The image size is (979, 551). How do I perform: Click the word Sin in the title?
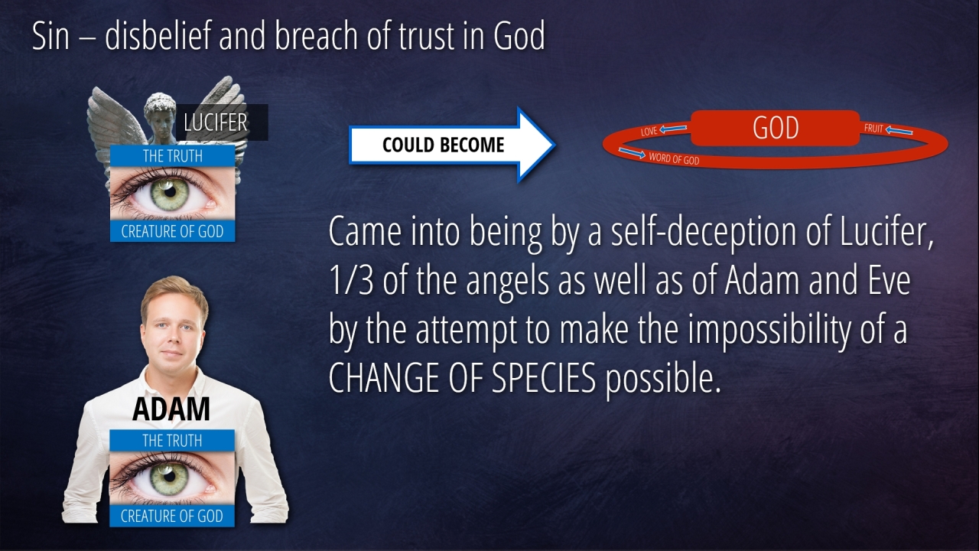click(x=50, y=36)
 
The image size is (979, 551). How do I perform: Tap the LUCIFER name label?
click(x=222, y=122)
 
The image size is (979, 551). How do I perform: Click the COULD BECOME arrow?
click(x=452, y=145)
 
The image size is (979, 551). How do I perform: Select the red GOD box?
click(x=776, y=128)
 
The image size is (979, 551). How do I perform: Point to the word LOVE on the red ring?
click(x=649, y=131)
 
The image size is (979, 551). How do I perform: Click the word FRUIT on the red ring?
click(x=873, y=128)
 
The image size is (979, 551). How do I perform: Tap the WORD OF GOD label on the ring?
click(x=674, y=158)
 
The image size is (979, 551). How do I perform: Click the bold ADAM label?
click(x=171, y=409)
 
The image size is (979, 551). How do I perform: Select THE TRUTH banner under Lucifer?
click(x=173, y=155)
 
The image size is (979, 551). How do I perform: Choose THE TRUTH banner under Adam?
click(x=172, y=440)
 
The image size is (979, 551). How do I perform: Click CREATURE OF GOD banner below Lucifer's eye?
click(x=173, y=231)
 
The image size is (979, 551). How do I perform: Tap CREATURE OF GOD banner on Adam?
click(x=172, y=516)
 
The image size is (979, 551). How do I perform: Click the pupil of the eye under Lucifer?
click(x=170, y=191)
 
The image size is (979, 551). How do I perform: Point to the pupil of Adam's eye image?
click(x=170, y=476)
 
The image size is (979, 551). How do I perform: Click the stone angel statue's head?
click(x=160, y=115)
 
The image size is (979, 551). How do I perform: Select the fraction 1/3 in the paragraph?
click(x=350, y=280)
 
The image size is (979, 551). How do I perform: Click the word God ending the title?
click(x=519, y=36)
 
